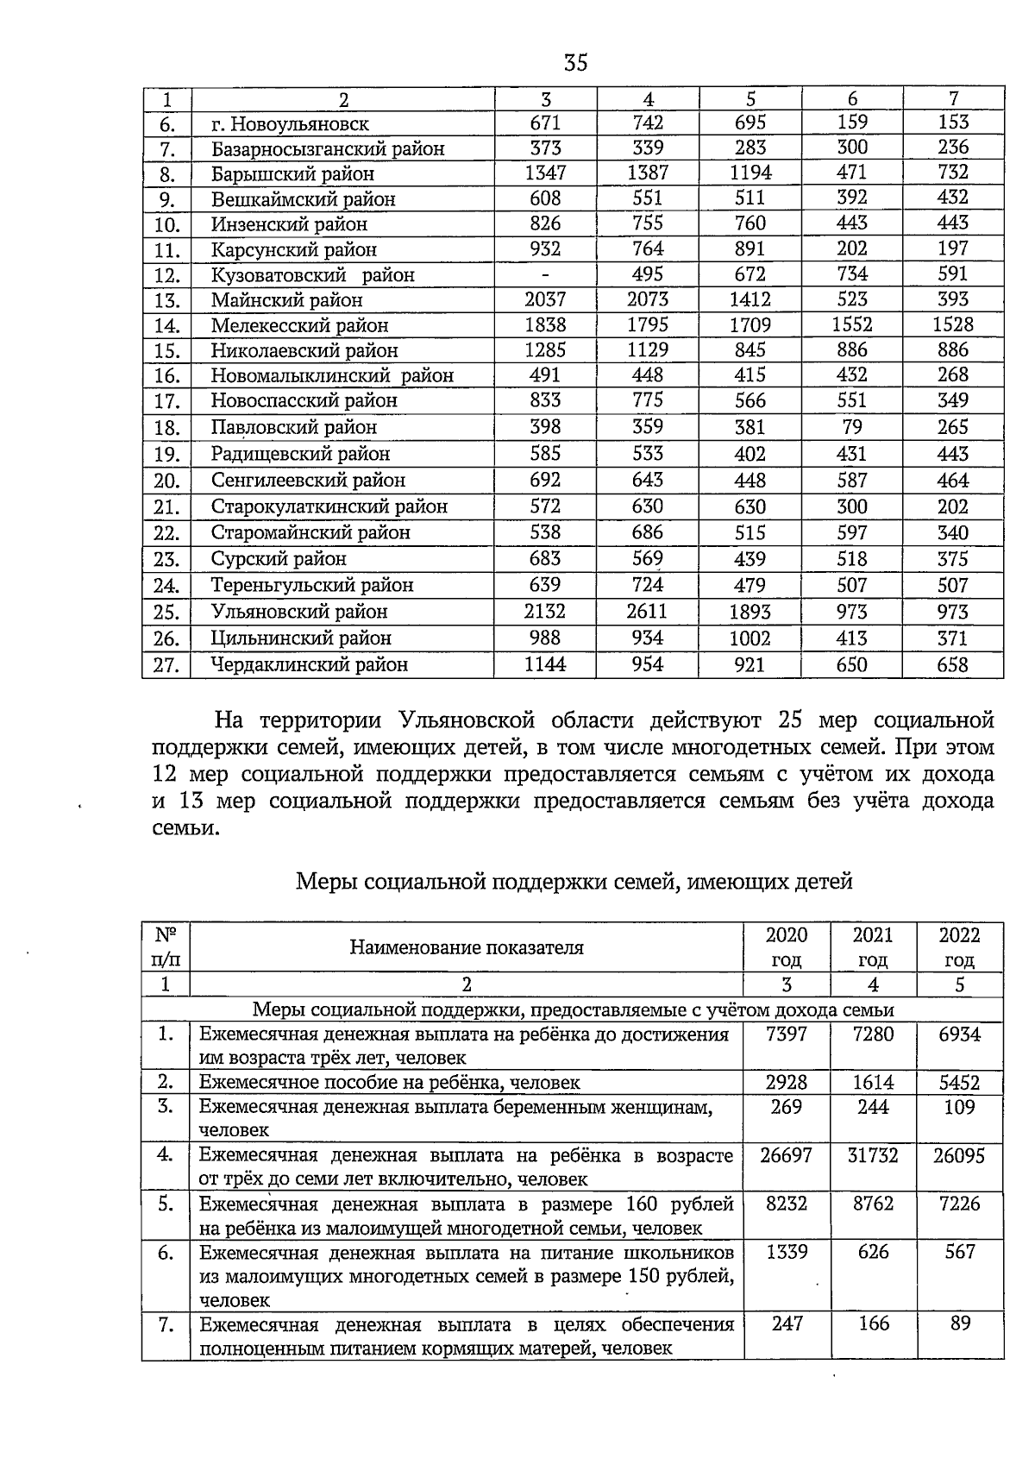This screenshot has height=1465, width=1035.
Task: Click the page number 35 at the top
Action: pyautogui.click(x=575, y=64)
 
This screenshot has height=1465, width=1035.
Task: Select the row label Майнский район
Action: pyautogui.click(x=287, y=300)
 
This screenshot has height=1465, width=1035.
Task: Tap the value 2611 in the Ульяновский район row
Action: pyautogui.click(x=647, y=612)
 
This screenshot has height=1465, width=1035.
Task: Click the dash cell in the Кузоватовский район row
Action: pyautogui.click(x=545, y=274)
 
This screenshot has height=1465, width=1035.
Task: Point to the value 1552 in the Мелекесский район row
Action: pyautogui.click(x=851, y=325)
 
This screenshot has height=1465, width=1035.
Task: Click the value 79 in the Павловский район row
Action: pyautogui.click(x=851, y=427)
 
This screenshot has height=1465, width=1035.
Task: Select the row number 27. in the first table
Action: pyautogui.click(x=166, y=665)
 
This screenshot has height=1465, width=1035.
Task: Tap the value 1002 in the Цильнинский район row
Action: pyautogui.click(x=750, y=638)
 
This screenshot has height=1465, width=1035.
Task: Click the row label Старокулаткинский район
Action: pyautogui.click(x=329, y=506)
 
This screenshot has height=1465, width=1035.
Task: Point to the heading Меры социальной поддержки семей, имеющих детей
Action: pyautogui.click(x=574, y=882)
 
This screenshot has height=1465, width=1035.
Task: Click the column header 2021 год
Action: pyautogui.click(x=873, y=947)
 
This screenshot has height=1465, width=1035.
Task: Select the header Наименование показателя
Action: pyautogui.click(x=466, y=947)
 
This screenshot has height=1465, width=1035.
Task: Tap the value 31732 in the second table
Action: pyautogui.click(x=873, y=1155)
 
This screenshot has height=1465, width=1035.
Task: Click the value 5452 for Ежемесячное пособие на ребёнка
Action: pyautogui.click(x=959, y=1083)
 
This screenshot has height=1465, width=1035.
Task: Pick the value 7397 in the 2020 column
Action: pyautogui.click(x=786, y=1034)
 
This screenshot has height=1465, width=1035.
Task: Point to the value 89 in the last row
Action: pyautogui.click(x=960, y=1324)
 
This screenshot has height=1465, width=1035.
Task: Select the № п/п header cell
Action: pyautogui.click(x=166, y=947)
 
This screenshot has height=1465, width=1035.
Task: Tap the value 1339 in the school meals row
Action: pyautogui.click(x=786, y=1252)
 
